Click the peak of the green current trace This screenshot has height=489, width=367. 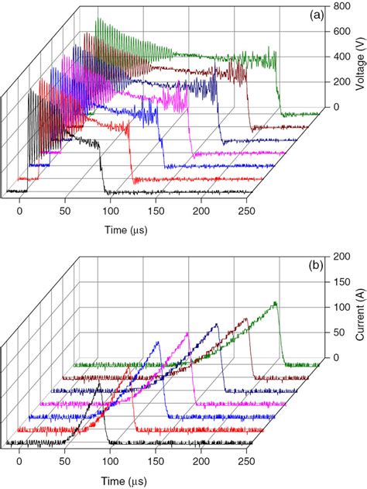click(275, 302)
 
